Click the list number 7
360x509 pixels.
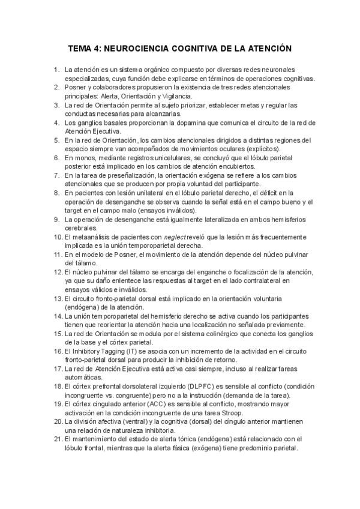coord(57,175)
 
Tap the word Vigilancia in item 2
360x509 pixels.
coord(175,96)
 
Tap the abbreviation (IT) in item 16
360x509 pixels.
coord(127,351)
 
